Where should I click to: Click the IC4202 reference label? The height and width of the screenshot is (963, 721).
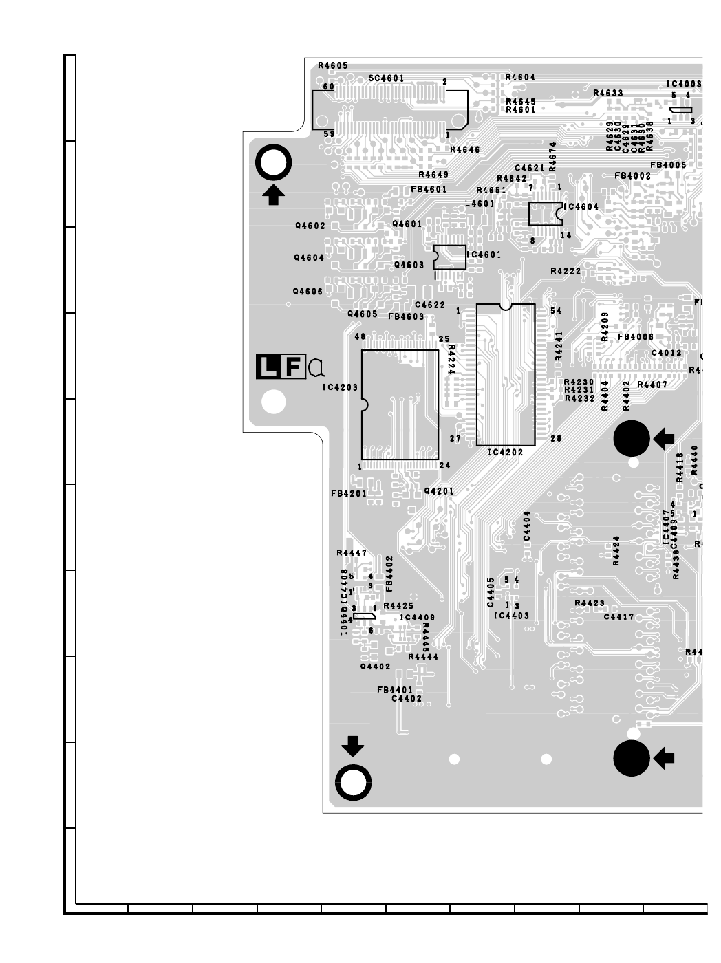pos(505,453)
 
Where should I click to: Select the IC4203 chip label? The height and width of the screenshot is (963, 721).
pos(340,388)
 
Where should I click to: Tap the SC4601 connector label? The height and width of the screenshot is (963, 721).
pos(386,78)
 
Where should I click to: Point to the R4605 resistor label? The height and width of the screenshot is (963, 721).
pos(333,65)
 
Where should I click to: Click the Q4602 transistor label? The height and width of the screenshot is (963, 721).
pos(310,226)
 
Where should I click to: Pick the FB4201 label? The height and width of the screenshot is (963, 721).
pos(348,493)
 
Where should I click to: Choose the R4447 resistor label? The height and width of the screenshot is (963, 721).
pos(352,553)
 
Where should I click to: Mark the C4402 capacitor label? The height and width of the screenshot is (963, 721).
pos(407,699)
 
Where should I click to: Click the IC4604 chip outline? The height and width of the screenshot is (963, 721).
pos(545,213)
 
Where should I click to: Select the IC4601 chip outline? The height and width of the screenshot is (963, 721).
pos(449,257)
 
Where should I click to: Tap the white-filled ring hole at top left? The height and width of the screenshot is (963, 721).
pos(273,164)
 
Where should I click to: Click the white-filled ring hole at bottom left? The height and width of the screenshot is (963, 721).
pos(354,782)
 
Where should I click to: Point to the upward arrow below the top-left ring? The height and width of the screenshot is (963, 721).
pos(274,195)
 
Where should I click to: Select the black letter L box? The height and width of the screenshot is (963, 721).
pos(268,367)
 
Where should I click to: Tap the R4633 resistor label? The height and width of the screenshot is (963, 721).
pos(607,93)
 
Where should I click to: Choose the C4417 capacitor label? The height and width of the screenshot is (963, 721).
pos(618,617)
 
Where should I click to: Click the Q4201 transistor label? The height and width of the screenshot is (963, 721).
pos(439,491)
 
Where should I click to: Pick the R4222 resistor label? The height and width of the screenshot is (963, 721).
pos(566,272)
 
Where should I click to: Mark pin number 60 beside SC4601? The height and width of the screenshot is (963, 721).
pos(329,87)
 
